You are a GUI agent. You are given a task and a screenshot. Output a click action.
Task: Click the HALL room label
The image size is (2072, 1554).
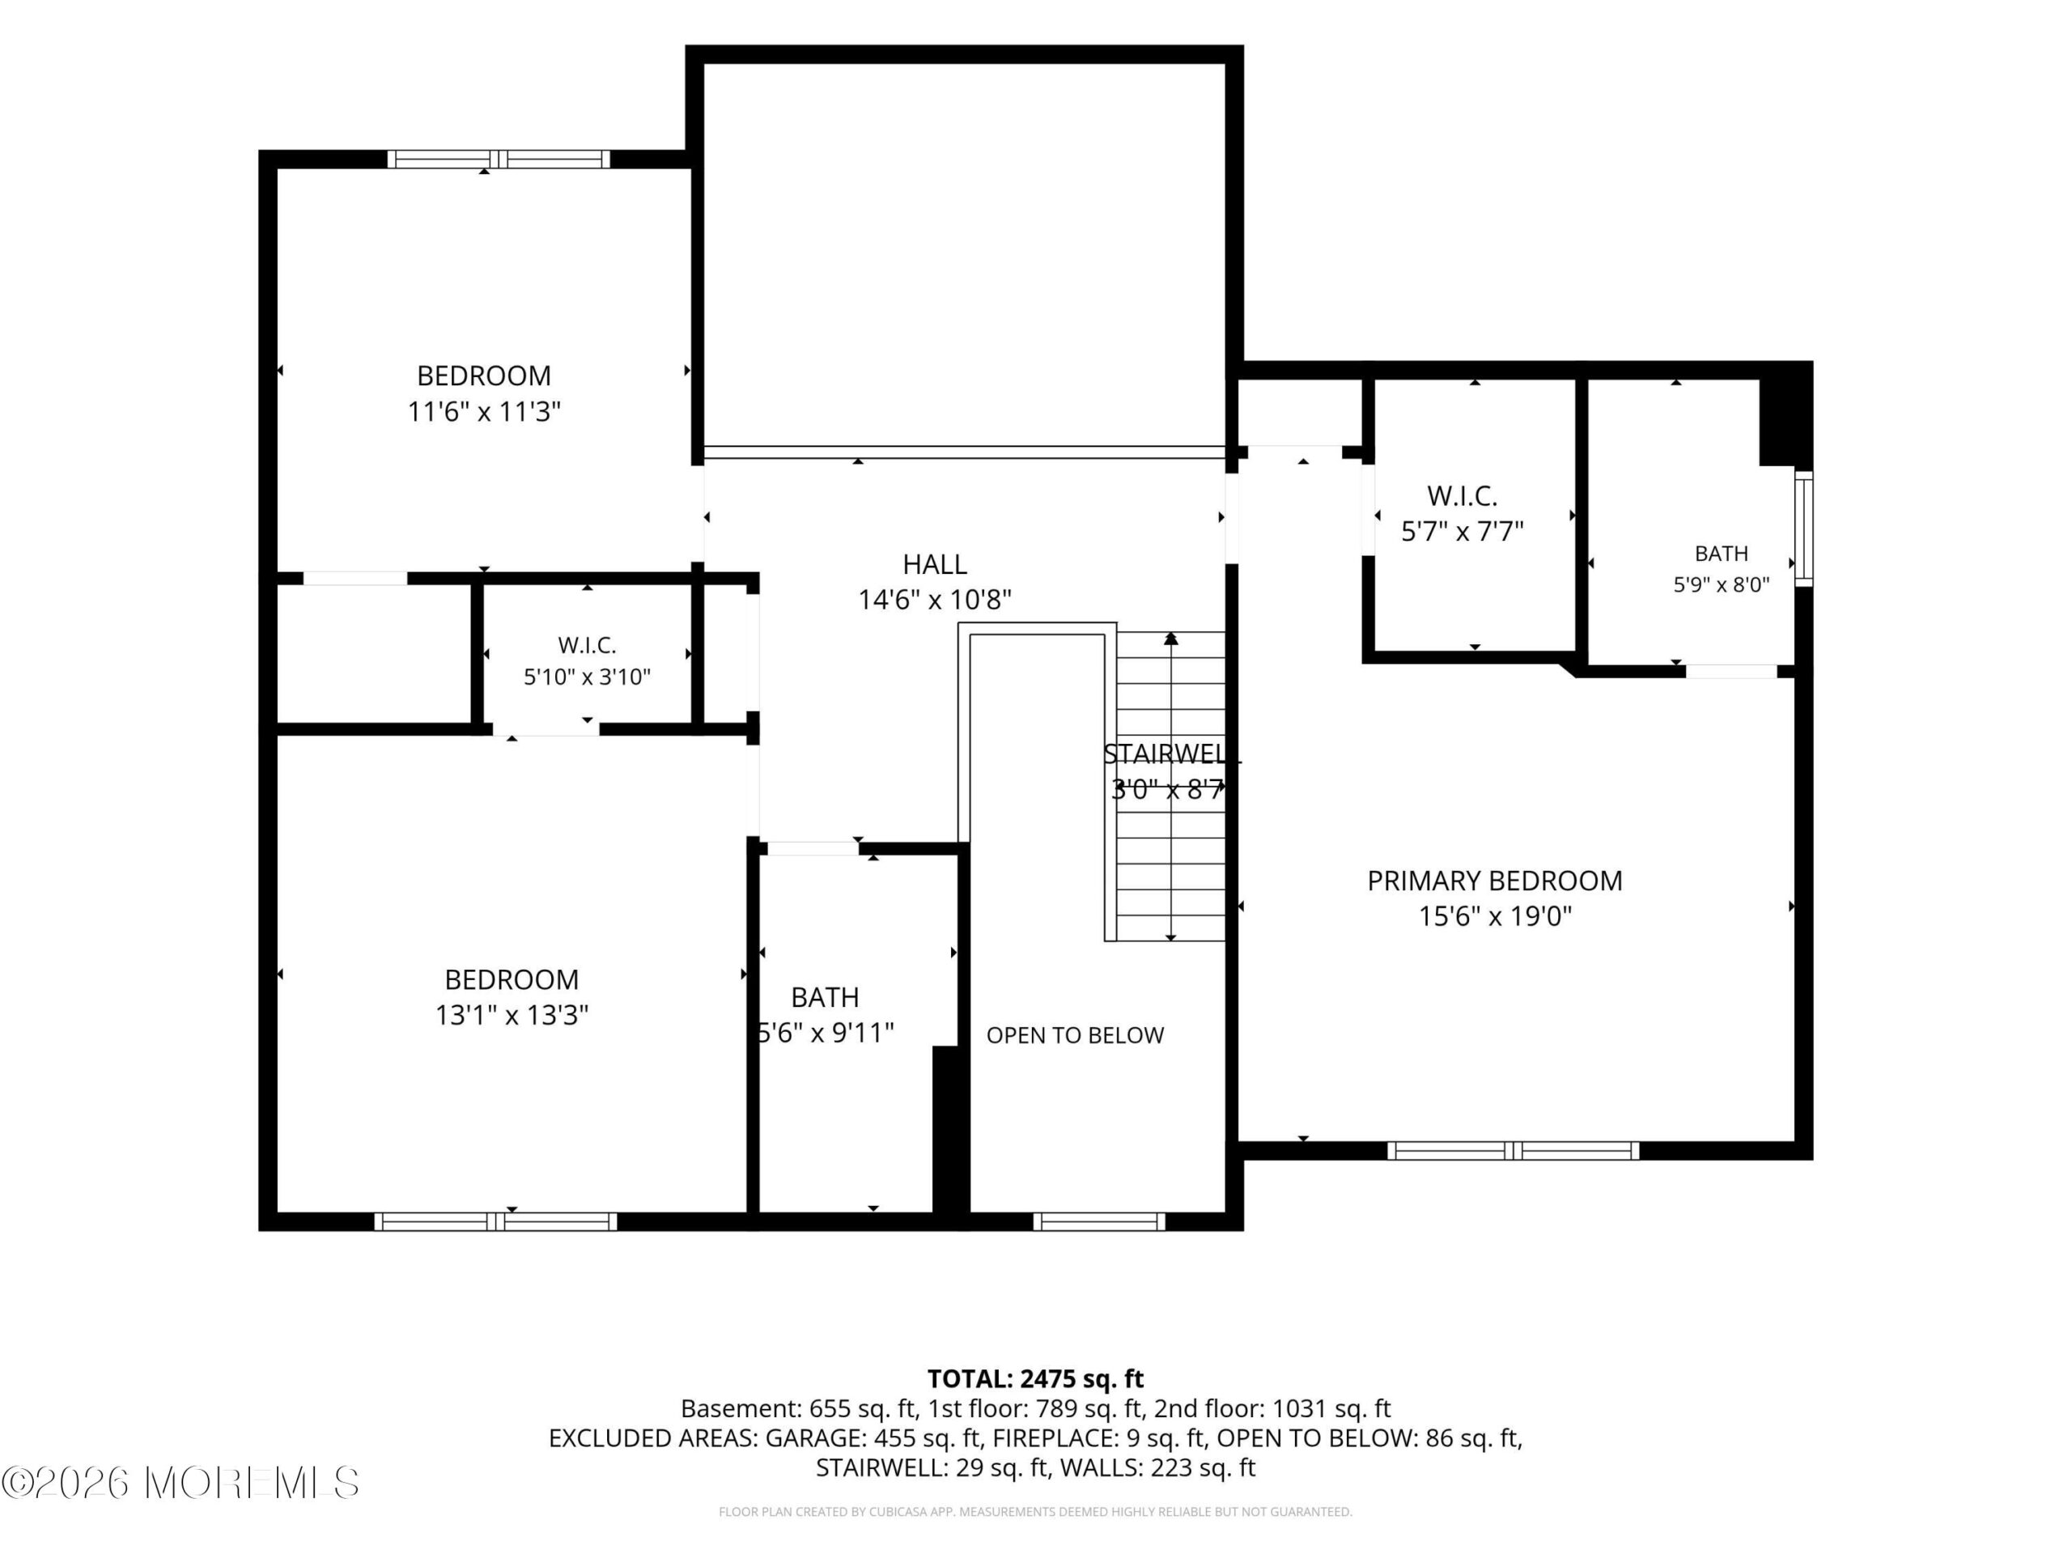[x=934, y=564]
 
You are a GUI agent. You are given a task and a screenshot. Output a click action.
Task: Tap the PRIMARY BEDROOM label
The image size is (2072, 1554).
[x=1494, y=881]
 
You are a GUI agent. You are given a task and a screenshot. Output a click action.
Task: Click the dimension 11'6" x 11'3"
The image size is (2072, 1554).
[x=483, y=412]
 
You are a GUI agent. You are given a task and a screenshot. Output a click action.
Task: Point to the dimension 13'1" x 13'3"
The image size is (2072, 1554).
[x=512, y=1016]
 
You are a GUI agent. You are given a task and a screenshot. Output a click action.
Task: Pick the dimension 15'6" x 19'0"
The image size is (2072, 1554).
[x=1495, y=916]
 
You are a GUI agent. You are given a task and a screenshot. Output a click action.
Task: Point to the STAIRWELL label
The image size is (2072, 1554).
[x=1172, y=754]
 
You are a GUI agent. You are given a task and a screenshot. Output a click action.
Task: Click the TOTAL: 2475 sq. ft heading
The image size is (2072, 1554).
[x=1035, y=1379]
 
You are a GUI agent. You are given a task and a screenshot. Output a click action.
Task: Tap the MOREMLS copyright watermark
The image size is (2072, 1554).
[x=180, y=1483]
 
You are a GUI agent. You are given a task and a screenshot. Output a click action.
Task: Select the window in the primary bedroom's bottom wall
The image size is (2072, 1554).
[x=1513, y=1150]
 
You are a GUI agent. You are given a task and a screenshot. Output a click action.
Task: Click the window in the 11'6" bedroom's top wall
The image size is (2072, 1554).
[x=499, y=159]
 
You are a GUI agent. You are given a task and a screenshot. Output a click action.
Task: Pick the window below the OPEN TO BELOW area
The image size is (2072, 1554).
[x=1099, y=1221]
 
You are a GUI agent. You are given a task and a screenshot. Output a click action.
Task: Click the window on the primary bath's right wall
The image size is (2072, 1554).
[x=1803, y=529]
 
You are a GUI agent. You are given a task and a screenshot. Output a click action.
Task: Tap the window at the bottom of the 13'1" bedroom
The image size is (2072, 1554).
[x=495, y=1221]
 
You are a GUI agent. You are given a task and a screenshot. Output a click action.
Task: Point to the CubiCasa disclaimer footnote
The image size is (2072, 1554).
[x=1035, y=1511]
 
